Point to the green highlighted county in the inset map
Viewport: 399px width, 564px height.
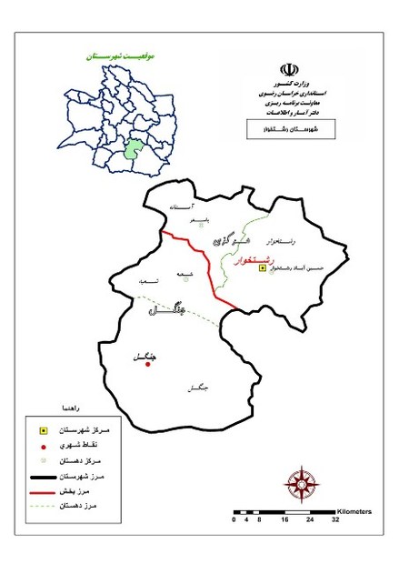(x=134, y=149)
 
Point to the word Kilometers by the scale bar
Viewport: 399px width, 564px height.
(x=354, y=511)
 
